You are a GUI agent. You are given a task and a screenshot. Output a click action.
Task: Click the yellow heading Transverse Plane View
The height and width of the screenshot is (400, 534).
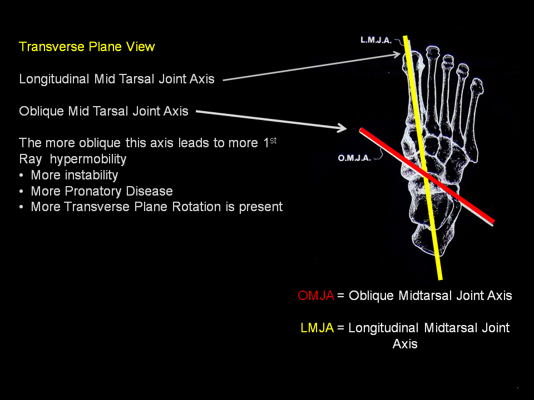tap(87, 47)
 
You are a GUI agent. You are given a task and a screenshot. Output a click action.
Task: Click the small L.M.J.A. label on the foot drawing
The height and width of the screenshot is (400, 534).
tap(376, 41)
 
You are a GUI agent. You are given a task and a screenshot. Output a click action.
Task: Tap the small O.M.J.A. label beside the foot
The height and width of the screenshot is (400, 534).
tap(354, 158)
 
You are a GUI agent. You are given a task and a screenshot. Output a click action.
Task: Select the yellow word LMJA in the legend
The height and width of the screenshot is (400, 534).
tap(317, 328)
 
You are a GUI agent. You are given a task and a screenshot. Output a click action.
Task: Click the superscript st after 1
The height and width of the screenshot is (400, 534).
tap(273, 139)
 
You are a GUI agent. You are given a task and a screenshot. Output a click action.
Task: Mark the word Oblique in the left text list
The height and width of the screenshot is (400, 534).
tap(42, 111)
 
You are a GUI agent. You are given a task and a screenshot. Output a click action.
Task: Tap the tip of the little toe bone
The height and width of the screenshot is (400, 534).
tap(476, 83)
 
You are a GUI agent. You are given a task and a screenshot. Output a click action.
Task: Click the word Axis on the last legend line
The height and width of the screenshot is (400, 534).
tap(404, 344)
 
